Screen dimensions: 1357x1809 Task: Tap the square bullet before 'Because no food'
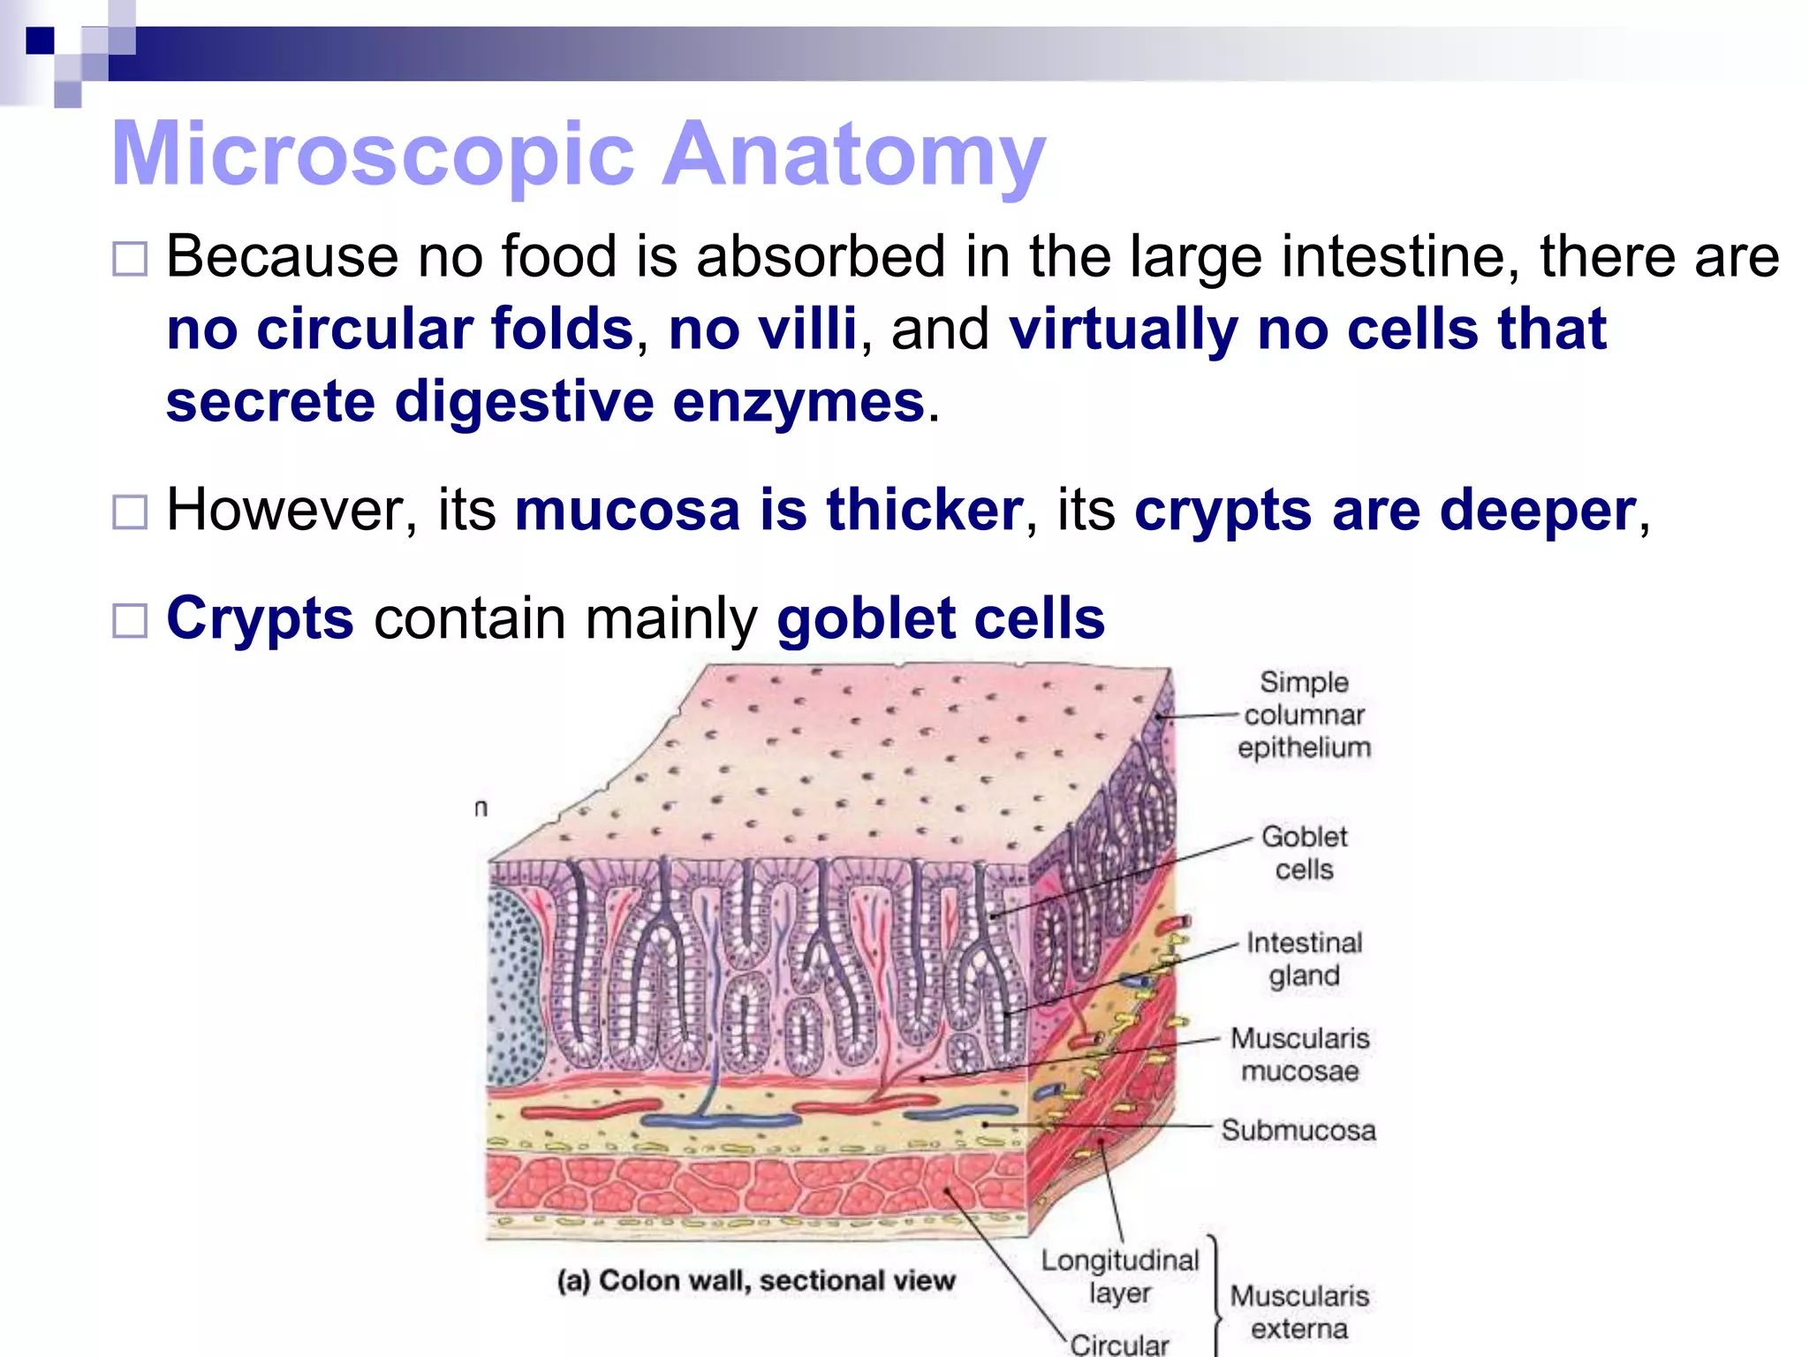point(130,260)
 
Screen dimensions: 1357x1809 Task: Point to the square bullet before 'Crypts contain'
point(130,620)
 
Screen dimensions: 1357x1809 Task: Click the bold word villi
point(762,329)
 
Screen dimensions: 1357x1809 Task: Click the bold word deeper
point(1538,511)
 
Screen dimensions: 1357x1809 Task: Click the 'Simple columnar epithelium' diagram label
point(1304,715)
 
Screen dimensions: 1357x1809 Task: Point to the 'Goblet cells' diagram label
point(1304,853)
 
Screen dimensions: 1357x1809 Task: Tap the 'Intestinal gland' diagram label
point(1304,959)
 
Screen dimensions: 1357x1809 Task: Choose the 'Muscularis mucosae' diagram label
point(1300,1054)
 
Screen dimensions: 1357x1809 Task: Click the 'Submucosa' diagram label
point(1298,1130)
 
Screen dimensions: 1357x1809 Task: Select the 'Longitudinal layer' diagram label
point(1120,1276)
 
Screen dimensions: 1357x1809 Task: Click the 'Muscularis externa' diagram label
point(1299,1312)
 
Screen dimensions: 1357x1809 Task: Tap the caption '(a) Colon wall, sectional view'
point(756,1280)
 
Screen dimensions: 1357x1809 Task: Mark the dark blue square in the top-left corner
point(40,41)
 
